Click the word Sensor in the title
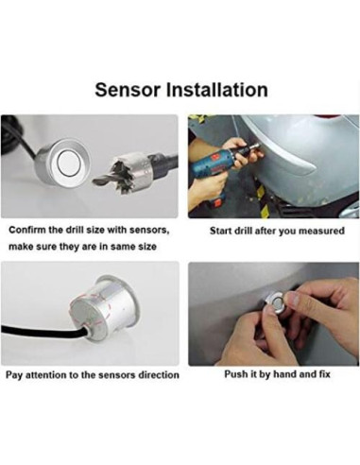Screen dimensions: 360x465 [x=128, y=90]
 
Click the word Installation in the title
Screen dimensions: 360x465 [x=217, y=90]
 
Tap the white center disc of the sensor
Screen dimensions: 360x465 [x=70, y=162]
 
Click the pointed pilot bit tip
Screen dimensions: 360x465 [x=94, y=181]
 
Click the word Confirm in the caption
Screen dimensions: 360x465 [x=27, y=230]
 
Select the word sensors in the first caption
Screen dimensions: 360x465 [x=149, y=231]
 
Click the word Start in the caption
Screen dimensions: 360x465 [x=221, y=231]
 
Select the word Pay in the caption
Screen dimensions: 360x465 [x=14, y=375]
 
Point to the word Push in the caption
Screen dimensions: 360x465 [x=232, y=374]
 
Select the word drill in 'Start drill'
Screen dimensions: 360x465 [x=244, y=231]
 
